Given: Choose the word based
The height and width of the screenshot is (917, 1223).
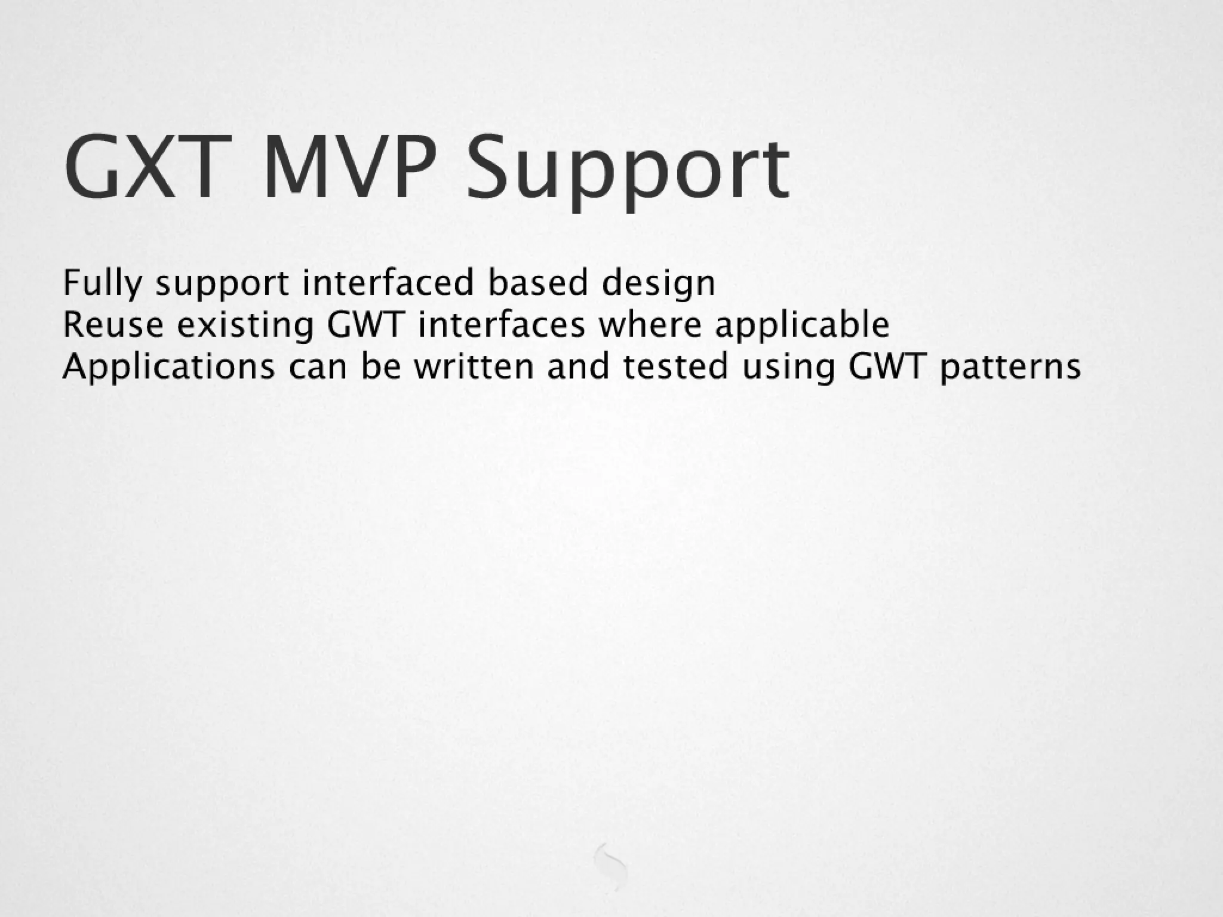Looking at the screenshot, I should click(538, 282).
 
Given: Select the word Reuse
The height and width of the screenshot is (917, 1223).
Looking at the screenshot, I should click(113, 325).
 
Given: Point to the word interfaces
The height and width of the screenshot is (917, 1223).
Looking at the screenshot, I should click(502, 325).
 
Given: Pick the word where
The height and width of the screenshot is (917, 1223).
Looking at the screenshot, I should click(650, 325).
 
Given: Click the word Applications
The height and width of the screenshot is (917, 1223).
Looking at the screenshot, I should click(168, 367).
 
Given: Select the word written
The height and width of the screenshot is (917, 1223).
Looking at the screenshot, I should click(474, 366).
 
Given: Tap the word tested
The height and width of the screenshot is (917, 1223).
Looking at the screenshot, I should click(675, 366).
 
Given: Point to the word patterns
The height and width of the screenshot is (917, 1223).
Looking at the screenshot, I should click(1010, 367).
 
